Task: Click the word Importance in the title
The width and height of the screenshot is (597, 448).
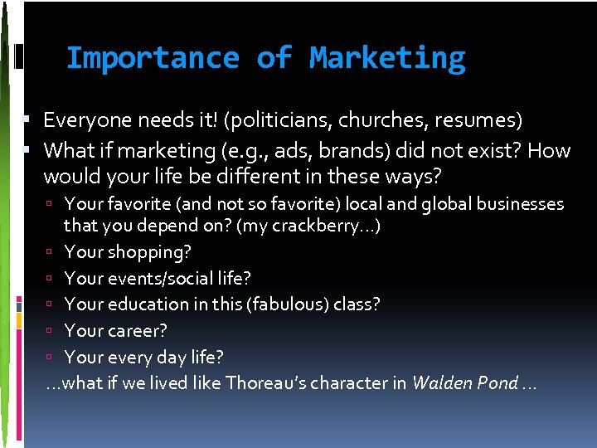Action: coord(152,58)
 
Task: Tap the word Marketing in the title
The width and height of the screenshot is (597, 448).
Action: coord(387,58)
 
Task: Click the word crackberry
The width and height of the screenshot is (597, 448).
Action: coord(320,226)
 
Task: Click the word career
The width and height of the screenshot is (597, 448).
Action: coord(137,331)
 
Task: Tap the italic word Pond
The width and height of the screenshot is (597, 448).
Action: coord(496,383)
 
